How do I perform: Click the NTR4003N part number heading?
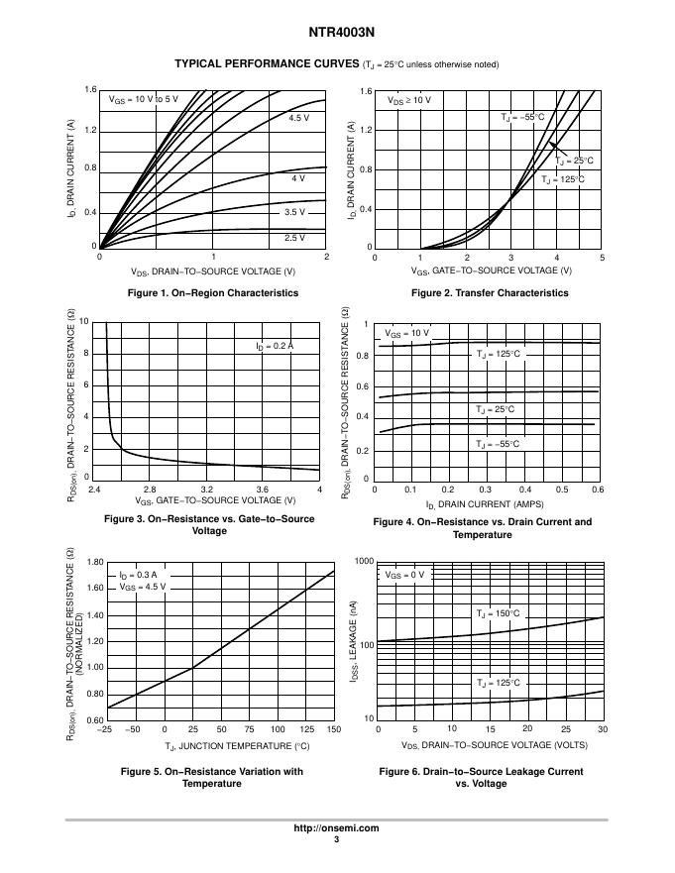pyautogui.click(x=336, y=31)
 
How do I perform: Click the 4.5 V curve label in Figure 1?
pyautogui.click(x=299, y=118)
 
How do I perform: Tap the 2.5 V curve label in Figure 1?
pyautogui.click(x=294, y=238)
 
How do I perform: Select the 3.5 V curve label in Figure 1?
pyautogui.click(x=294, y=212)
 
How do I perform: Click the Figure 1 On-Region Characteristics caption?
pyautogui.click(x=213, y=293)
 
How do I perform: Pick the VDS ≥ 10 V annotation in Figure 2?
pyautogui.click(x=409, y=100)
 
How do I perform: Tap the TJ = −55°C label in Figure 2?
pyautogui.click(x=522, y=117)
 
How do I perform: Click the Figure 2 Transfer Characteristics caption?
pyautogui.click(x=490, y=293)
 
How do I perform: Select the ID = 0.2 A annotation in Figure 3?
pyautogui.click(x=275, y=346)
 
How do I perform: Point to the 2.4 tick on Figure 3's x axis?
pyautogui.click(x=94, y=490)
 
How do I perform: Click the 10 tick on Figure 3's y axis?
pyautogui.click(x=84, y=322)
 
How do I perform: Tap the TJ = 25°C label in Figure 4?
pyautogui.click(x=495, y=409)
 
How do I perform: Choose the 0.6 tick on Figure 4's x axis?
pyautogui.click(x=598, y=490)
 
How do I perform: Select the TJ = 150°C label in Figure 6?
pyautogui.click(x=498, y=614)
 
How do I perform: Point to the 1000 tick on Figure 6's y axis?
pyautogui.click(x=363, y=562)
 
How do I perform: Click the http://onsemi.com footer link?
pyautogui.click(x=337, y=828)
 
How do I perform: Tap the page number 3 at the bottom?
pyautogui.click(x=337, y=840)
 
